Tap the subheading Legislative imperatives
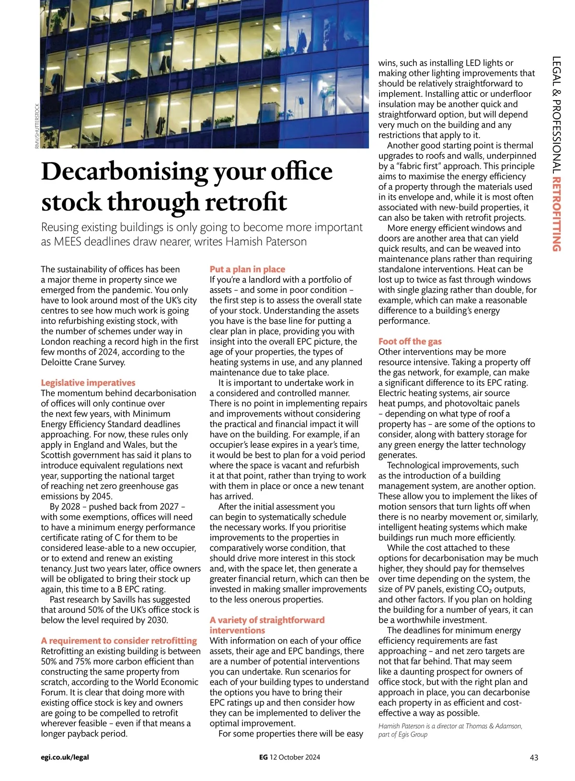(x=88, y=383)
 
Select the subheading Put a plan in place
(x=247, y=269)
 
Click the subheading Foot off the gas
(x=410, y=341)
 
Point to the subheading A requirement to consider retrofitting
(x=119, y=641)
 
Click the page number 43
(x=534, y=758)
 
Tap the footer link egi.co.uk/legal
(x=65, y=758)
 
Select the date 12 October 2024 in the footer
(x=295, y=758)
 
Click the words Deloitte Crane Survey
(x=83, y=362)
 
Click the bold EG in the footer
(x=263, y=758)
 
